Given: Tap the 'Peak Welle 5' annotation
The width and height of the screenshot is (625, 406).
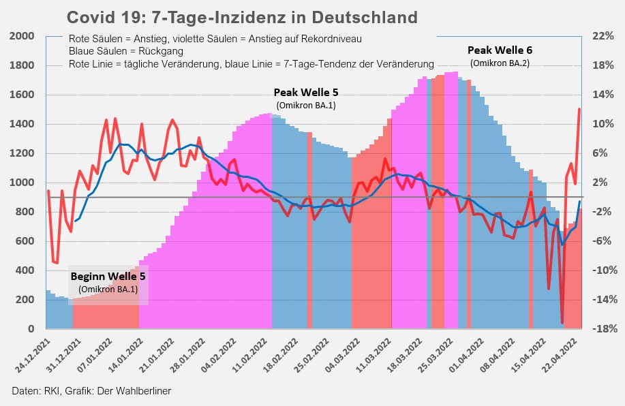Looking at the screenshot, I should [305, 92].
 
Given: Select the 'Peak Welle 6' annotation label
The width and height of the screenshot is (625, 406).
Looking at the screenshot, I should [500, 50].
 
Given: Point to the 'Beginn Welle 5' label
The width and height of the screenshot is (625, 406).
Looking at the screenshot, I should [108, 277].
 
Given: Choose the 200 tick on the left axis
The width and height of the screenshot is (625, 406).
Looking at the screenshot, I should [25, 300].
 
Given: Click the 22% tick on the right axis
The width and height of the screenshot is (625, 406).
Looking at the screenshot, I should [603, 36].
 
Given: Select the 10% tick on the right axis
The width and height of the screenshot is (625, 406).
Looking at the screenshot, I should [603, 124].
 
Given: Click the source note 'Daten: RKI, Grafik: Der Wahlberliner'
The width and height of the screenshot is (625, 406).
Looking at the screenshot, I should [91, 391].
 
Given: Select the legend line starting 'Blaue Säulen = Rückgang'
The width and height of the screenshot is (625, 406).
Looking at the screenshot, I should [126, 51].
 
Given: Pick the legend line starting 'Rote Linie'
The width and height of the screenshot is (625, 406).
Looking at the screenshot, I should [251, 63].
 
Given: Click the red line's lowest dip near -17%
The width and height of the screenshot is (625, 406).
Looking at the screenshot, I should [562, 323].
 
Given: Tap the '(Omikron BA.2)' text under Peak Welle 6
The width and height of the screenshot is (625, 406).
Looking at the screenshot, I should [500, 63].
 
